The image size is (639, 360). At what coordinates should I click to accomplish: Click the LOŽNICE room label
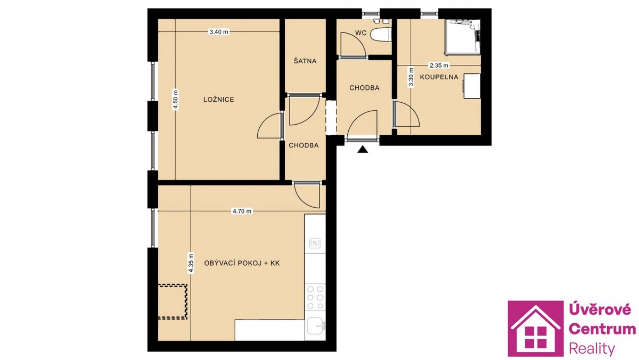(218, 100)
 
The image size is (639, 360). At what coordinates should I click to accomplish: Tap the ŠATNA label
(305, 61)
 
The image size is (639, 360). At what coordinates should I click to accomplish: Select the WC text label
(361, 33)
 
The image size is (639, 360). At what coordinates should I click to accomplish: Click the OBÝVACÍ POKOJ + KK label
(242, 263)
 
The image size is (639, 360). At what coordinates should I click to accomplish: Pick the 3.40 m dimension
(219, 32)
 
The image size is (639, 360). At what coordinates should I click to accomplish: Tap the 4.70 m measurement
(242, 211)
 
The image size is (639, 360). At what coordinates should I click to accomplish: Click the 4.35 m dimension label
(191, 263)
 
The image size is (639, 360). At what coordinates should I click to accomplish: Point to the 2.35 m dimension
(439, 66)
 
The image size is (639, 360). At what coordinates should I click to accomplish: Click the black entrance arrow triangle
(362, 150)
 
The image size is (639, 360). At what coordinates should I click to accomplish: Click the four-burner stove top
(315, 298)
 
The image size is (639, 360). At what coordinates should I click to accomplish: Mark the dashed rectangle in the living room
(173, 301)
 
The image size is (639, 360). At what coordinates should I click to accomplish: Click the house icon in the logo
(536, 329)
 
